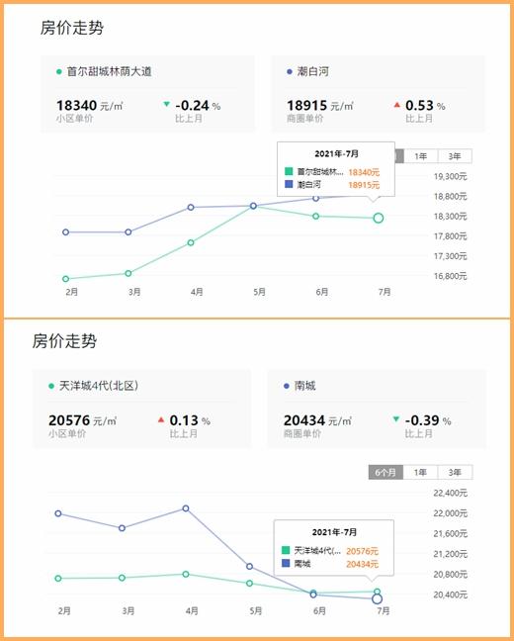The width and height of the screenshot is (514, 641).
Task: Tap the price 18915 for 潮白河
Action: pyautogui.click(x=306, y=105)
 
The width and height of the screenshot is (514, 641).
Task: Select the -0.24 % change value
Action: pyautogui.click(x=198, y=105)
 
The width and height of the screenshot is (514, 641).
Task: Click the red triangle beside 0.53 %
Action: pyautogui.click(x=396, y=105)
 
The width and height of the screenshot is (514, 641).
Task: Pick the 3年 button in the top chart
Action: pyautogui.click(x=454, y=156)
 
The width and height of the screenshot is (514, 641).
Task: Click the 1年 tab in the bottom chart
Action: pyautogui.click(x=421, y=473)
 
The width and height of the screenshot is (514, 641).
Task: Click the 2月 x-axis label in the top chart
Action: pyautogui.click(x=71, y=292)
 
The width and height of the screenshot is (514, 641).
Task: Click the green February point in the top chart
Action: pyautogui.click(x=65, y=279)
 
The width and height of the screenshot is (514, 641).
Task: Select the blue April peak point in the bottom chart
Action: pyautogui.click(x=185, y=508)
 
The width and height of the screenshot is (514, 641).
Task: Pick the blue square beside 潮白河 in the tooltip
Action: pyautogui.click(x=289, y=185)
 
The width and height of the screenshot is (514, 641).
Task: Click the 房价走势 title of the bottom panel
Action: pyautogui.click(x=65, y=341)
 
